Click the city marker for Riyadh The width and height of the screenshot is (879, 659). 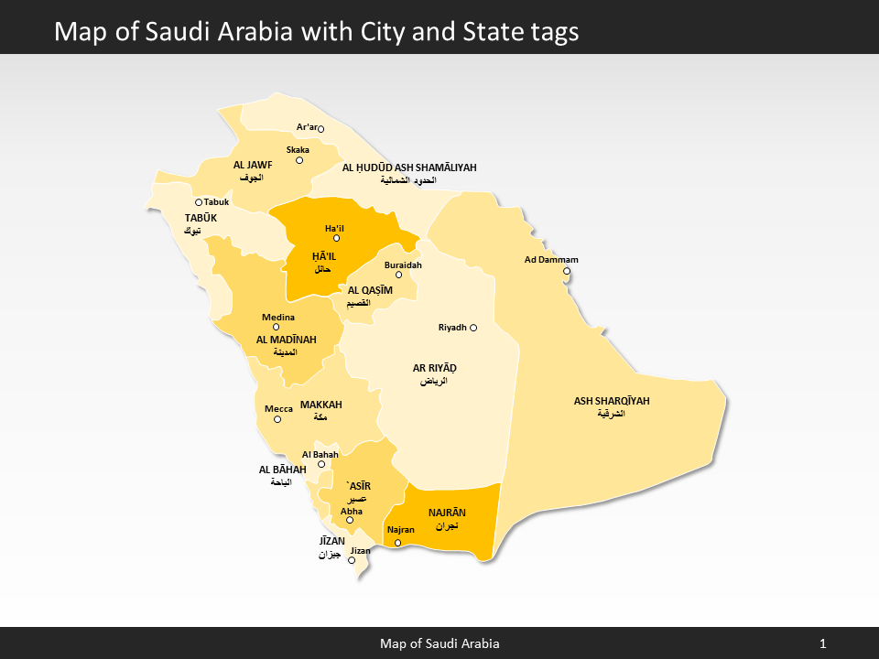(x=473, y=328)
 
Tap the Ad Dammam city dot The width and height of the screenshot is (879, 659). (x=567, y=271)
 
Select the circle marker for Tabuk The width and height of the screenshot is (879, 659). (x=199, y=202)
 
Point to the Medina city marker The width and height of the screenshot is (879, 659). (x=277, y=327)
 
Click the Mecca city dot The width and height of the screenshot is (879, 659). (x=277, y=419)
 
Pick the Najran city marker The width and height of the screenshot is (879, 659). (x=397, y=543)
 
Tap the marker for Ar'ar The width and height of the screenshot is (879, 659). (x=320, y=129)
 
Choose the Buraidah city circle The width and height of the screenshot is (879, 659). (x=398, y=275)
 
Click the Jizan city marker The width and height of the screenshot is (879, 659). (x=352, y=560)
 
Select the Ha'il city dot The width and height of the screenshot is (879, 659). (x=336, y=238)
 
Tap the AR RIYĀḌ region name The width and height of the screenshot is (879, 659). (x=434, y=369)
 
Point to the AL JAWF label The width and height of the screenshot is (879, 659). (x=253, y=165)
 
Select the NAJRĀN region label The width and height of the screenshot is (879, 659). (x=447, y=513)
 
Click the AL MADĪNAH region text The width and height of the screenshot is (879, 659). (x=286, y=340)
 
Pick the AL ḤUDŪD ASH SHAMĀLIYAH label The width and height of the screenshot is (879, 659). (x=409, y=167)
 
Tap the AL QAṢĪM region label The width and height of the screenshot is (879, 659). (x=370, y=290)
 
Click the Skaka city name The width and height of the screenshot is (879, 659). (x=298, y=149)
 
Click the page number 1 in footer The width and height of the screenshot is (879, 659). (x=823, y=644)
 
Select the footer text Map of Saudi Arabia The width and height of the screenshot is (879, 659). (x=439, y=644)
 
